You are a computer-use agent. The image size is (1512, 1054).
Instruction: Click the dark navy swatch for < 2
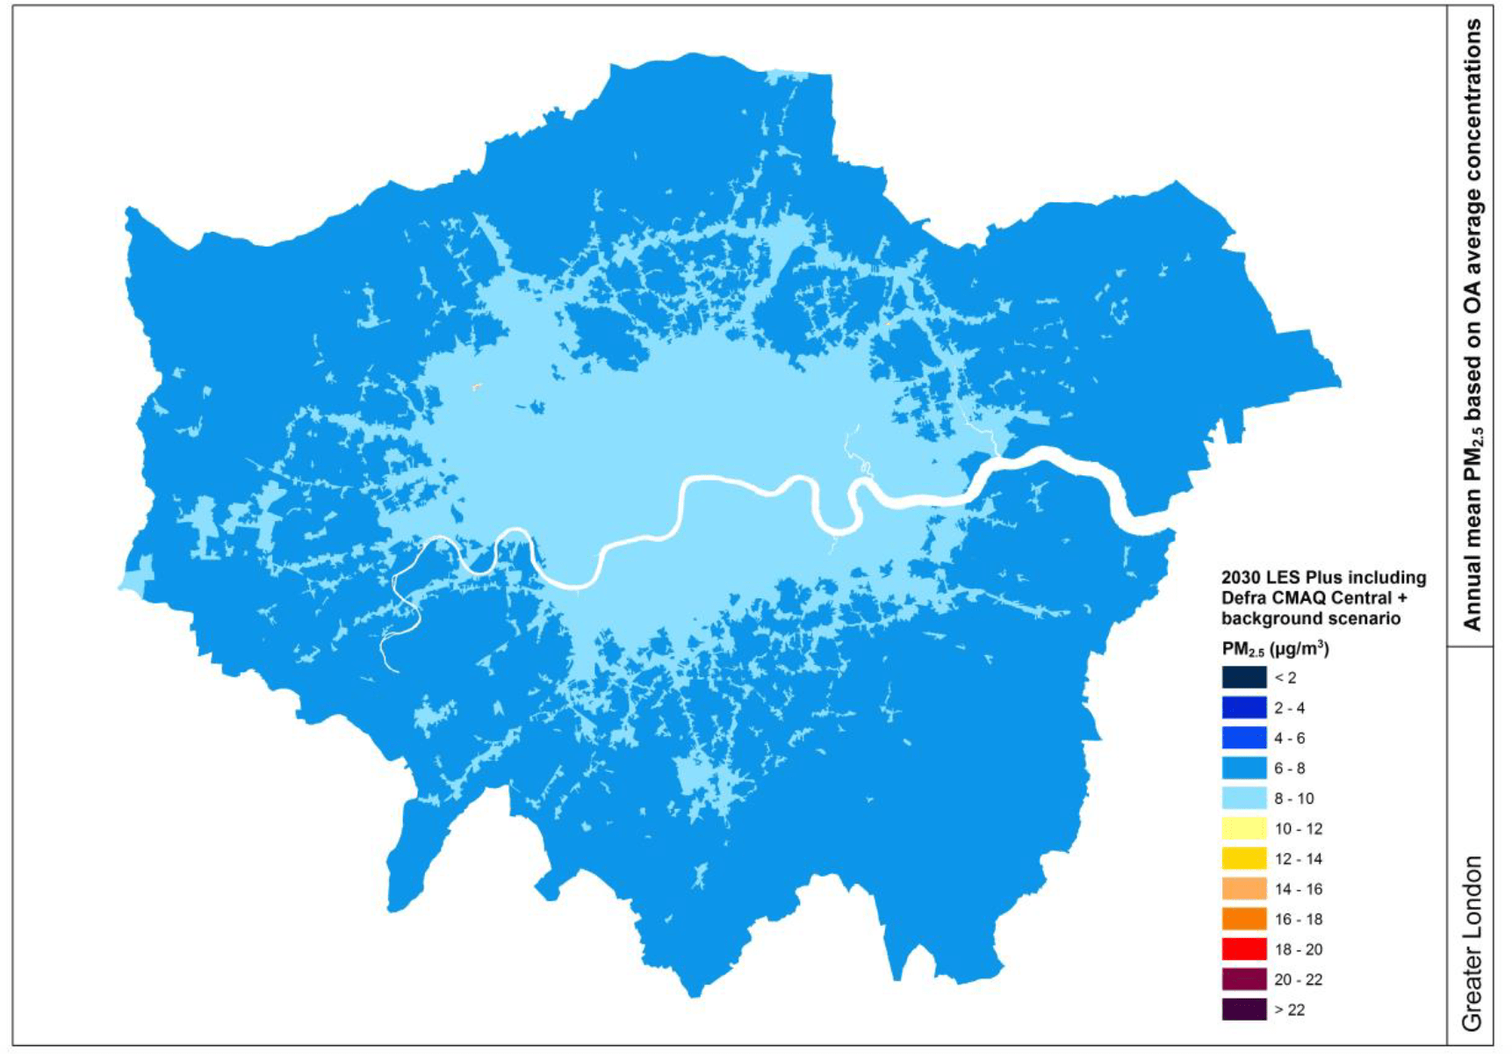pyautogui.click(x=1243, y=677)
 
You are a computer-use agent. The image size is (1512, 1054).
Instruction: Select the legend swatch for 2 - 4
pyautogui.click(x=1243, y=707)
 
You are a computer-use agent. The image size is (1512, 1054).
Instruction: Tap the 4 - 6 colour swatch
pyautogui.click(x=1243, y=738)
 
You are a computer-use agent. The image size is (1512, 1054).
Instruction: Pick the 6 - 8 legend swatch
pyautogui.click(x=1243, y=768)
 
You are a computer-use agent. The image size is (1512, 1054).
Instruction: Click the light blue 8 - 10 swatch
pyautogui.click(x=1243, y=798)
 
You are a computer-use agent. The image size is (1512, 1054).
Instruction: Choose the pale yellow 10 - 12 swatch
pyautogui.click(x=1243, y=828)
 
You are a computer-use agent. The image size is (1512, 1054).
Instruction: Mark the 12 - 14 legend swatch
pyautogui.click(x=1243, y=858)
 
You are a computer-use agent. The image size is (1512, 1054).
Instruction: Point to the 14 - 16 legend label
pyautogui.click(x=1298, y=889)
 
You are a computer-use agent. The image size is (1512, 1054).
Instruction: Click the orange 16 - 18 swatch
pyautogui.click(x=1243, y=919)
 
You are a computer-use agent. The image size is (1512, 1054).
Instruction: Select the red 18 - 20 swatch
pyautogui.click(x=1243, y=949)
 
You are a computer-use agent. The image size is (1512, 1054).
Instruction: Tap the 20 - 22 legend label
pyautogui.click(x=1298, y=979)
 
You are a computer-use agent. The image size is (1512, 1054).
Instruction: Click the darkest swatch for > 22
pyautogui.click(x=1243, y=1009)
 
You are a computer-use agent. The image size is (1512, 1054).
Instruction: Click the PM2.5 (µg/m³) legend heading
pyautogui.click(x=1275, y=649)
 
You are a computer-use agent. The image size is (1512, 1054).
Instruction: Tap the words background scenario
pyautogui.click(x=1310, y=618)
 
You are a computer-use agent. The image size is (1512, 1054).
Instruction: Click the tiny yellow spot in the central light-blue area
pyautogui.click(x=477, y=386)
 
